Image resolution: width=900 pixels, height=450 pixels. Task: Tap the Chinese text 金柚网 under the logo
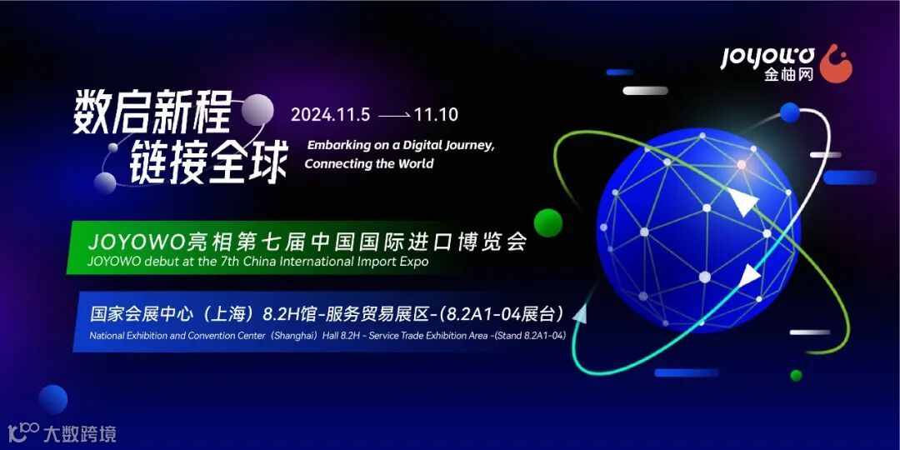click(788, 75)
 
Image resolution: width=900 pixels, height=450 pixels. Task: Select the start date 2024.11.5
click(330, 115)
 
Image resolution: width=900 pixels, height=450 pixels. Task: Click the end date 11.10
click(436, 115)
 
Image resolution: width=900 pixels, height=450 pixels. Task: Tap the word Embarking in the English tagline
click(335, 145)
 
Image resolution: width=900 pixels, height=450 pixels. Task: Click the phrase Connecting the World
click(369, 163)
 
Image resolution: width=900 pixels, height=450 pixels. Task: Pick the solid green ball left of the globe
click(547, 222)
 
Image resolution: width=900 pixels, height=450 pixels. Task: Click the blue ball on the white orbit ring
click(790, 112)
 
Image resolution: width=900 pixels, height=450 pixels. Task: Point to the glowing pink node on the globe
click(741, 164)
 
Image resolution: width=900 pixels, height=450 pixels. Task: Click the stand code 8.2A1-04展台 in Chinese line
click(524, 313)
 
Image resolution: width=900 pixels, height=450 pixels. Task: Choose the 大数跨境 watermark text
click(80, 433)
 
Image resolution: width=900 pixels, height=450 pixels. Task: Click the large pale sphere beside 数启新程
click(257, 110)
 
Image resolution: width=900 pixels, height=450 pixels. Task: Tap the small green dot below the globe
click(796, 375)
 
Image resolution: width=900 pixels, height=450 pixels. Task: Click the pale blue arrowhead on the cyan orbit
click(580, 313)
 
